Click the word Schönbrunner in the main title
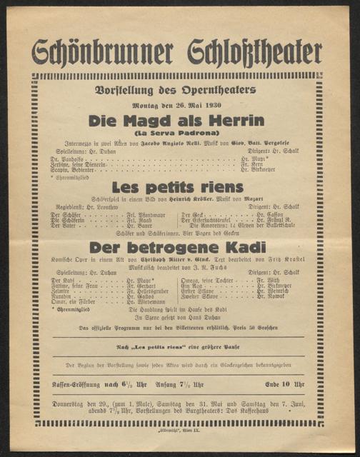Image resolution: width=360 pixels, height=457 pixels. (x=103, y=52)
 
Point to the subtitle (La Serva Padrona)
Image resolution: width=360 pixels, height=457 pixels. (x=179, y=133)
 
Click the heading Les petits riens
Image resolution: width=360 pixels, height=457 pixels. (x=179, y=187)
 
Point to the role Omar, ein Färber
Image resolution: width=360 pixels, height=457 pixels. (x=72, y=303)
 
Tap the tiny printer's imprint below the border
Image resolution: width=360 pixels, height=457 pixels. (x=179, y=433)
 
